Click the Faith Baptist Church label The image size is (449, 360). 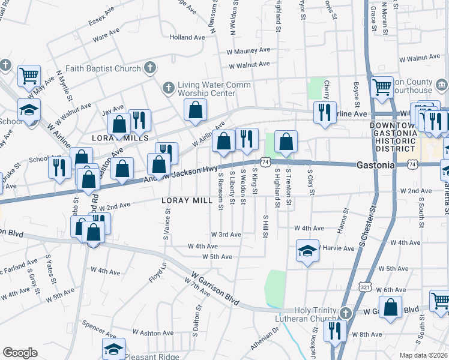tap(103, 68)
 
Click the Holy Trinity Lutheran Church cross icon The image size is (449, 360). tap(346, 313)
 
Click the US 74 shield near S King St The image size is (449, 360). tap(264, 162)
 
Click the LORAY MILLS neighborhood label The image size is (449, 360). tap(119, 138)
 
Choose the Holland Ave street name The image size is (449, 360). tap(187, 37)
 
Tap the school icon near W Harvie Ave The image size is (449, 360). tap(307, 250)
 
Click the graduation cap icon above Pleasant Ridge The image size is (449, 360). tap(113, 349)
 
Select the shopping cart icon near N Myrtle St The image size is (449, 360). tap(28, 76)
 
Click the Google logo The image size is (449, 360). tap(20, 353)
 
